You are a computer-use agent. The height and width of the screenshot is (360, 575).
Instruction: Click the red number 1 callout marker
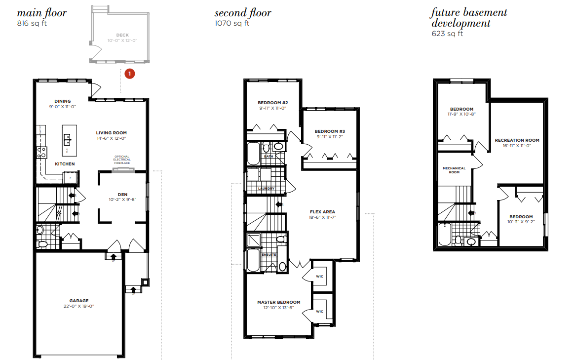(129, 74)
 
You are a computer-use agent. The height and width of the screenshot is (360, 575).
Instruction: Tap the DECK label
(122, 35)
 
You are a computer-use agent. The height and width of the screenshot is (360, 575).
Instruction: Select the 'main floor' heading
(41, 13)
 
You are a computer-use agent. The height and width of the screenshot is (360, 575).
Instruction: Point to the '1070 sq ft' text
(231, 23)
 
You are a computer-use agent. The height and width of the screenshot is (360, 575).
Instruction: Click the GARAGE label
(79, 301)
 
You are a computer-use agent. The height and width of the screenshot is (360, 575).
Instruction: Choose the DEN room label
(122, 194)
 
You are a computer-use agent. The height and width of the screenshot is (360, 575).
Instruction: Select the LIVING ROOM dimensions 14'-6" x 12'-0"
(111, 139)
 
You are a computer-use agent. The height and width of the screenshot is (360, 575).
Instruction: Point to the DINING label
(63, 101)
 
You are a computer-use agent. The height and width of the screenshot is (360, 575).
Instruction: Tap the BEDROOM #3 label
(329, 131)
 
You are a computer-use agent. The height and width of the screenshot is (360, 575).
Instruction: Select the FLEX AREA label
(322, 212)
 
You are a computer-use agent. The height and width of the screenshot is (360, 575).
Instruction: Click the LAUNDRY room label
(266, 189)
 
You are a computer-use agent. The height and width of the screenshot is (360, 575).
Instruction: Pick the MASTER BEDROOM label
(278, 302)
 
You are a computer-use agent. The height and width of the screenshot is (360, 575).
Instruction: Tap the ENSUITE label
(269, 255)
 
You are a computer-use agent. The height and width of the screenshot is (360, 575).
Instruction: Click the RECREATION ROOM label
(517, 140)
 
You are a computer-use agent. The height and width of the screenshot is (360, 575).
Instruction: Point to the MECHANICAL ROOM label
(454, 168)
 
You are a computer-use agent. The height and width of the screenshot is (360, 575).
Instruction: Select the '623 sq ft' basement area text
(447, 34)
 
